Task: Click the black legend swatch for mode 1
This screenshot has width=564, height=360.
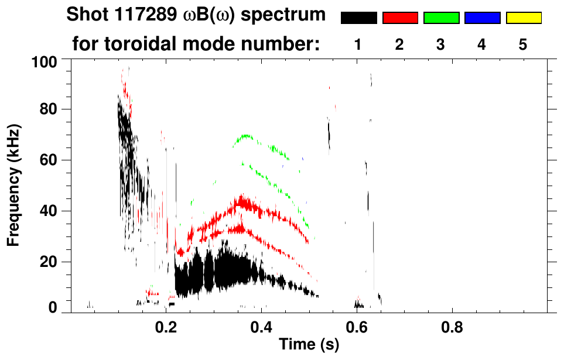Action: (359, 18)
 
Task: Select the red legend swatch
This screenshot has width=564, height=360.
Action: (400, 18)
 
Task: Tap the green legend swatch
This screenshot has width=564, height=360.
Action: (441, 18)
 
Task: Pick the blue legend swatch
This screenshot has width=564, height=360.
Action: (482, 18)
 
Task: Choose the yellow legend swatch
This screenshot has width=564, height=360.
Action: (523, 18)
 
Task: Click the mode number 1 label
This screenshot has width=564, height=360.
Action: (358, 45)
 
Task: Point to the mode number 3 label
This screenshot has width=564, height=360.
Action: (441, 45)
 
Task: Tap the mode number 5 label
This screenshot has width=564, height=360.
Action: (523, 45)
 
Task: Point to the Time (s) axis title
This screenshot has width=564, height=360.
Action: (309, 345)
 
